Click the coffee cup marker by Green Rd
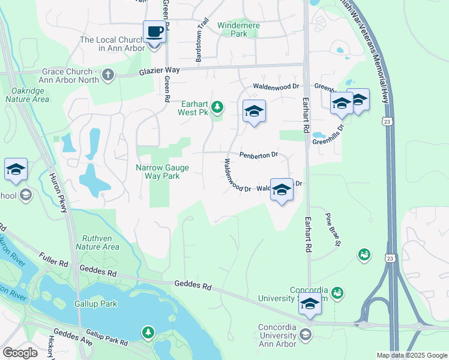[x=154, y=31]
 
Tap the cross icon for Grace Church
[x=107, y=74]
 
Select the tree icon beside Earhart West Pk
[x=217, y=107]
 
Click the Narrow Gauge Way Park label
[x=162, y=172]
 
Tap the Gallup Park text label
[x=95, y=304]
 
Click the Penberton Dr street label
[x=259, y=155]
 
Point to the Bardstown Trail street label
[x=202, y=42]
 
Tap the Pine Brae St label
[x=333, y=229]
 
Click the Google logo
[x=20, y=353]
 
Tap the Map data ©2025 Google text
[x=411, y=355]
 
